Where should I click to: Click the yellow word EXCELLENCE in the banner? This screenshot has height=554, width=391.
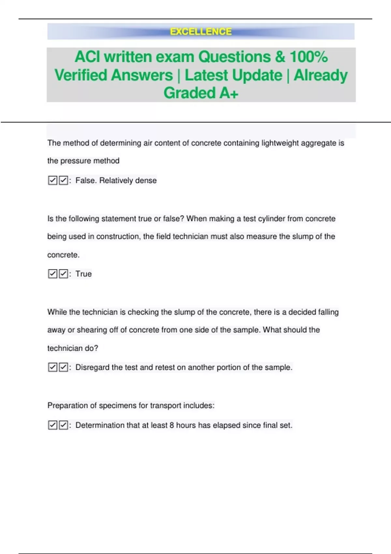tap(201, 32)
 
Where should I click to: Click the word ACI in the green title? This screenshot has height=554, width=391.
tap(87, 57)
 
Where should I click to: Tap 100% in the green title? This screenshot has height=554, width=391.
tap(309, 57)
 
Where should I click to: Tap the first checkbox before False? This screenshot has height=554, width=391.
tap(52, 180)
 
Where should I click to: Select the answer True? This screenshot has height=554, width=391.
tap(83, 274)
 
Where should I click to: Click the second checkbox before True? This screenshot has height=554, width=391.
tap(64, 274)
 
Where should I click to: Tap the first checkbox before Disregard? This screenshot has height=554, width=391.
tap(52, 367)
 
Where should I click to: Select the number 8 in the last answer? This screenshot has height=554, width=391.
tap(172, 425)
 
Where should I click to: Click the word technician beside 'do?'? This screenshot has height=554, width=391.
tap(65, 348)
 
